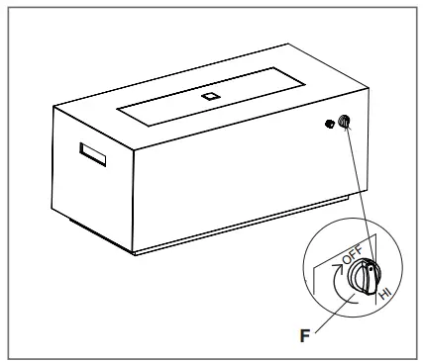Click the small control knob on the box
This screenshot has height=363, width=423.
344,123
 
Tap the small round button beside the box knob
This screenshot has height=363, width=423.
328,127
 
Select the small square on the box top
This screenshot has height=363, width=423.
209,97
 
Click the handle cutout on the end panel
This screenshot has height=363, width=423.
95,154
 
